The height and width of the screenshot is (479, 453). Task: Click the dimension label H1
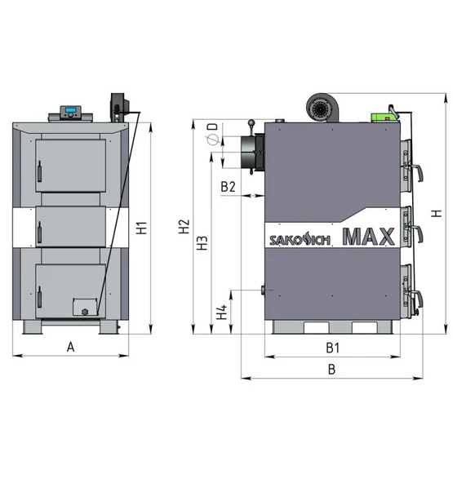[x=142, y=228]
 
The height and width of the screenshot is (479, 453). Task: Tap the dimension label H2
[x=184, y=226]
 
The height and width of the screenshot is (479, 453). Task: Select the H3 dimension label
[x=202, y=243]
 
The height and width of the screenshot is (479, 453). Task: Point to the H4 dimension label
[x=222, y=312]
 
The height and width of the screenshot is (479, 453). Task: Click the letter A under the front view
[x=70, y=347]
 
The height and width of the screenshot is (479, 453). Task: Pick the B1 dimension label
[x=333, y=348]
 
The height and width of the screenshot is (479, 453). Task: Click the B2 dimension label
[x=229, y=186]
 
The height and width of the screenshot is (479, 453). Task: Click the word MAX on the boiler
[x=368, y=237]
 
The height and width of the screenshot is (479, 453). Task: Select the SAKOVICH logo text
[x=300, y=240]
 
